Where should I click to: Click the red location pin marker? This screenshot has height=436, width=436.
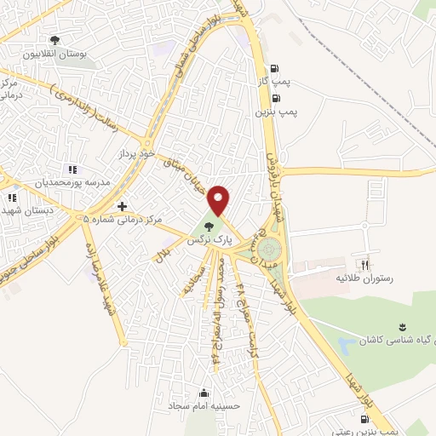220,199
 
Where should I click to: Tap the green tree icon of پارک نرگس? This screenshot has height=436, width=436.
209,226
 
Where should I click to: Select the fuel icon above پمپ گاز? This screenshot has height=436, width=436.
272,70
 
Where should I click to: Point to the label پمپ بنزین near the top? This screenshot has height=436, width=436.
276,112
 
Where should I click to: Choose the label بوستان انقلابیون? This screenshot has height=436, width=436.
55,53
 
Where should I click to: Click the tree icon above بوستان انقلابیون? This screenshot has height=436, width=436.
56,39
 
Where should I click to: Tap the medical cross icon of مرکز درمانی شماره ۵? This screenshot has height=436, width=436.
123,206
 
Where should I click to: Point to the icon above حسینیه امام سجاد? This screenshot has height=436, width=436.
204,393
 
